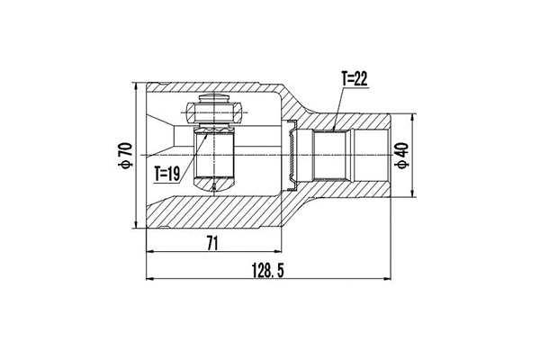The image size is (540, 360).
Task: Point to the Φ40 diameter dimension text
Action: pos(402,156)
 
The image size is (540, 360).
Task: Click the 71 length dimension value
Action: pos(212,242)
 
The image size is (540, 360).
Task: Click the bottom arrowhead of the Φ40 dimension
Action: pos(412,193)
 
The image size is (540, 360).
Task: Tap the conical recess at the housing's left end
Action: pos(166,154)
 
